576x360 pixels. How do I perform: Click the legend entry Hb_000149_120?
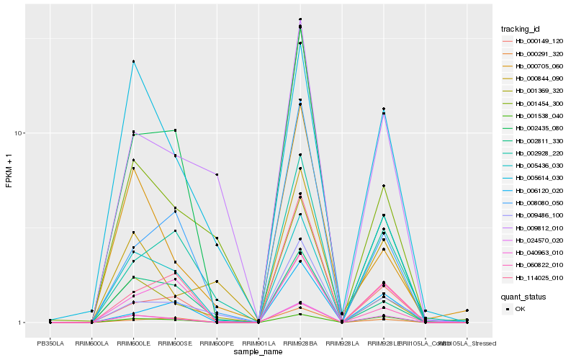[528, 42]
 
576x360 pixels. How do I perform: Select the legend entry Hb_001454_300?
[528, 103]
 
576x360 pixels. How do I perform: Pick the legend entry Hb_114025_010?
[528, 278]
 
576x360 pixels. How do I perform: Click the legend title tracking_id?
[521, 29]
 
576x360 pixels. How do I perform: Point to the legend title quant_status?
[523, 296]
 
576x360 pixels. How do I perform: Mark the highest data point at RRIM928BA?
[300, 19]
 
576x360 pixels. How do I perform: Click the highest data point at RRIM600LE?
[134, 62]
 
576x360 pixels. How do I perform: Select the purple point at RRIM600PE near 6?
[217, 175]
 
